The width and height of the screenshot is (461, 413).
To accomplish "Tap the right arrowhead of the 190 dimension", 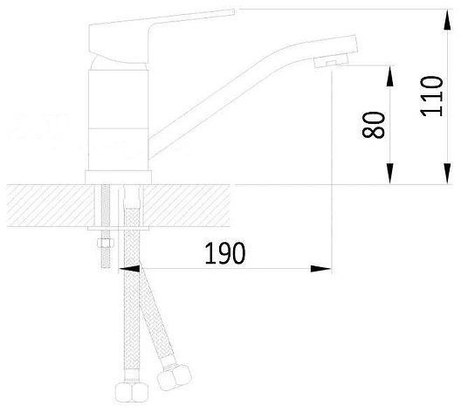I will (327, 268).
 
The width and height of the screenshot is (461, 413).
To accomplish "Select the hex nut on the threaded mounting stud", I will (106, 241).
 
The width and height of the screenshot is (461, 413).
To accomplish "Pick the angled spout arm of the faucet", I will (227, 96).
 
